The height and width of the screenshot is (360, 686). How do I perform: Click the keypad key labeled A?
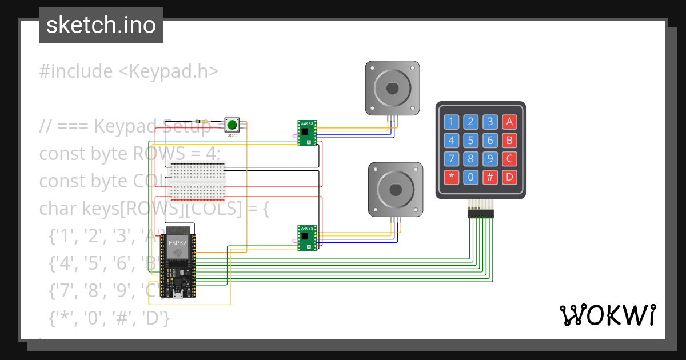(509, 121)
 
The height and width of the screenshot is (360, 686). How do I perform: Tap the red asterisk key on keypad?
(452, 177)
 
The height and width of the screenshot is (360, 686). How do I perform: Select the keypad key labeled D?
(509, 177)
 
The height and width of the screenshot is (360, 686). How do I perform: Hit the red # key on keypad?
(490, 177)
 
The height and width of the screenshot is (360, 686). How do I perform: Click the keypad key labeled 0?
(470, 177)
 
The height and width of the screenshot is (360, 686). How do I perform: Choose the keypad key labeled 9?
(490, 158)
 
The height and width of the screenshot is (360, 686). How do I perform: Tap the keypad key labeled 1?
(452, 121)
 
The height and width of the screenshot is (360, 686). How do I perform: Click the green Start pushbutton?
(232, 125)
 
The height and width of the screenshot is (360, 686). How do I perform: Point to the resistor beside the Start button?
(202, 121)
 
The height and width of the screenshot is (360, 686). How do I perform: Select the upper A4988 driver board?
(307, 133)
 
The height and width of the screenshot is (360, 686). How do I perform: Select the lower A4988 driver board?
(307, 237)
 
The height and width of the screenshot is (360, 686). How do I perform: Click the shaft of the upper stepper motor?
(392, 88)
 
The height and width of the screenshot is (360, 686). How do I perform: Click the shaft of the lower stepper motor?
(395, 189)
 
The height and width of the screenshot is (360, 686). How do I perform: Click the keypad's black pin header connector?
(480, 214)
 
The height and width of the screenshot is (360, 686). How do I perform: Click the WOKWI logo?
(607, 315)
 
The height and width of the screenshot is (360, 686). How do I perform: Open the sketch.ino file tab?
(101, 25)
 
